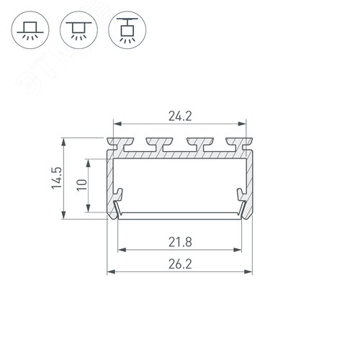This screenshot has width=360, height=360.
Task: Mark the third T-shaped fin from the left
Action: point(195,142)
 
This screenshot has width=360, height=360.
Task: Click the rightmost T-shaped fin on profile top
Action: point(235,142)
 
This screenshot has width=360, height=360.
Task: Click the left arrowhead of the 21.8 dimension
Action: point(120,250)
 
